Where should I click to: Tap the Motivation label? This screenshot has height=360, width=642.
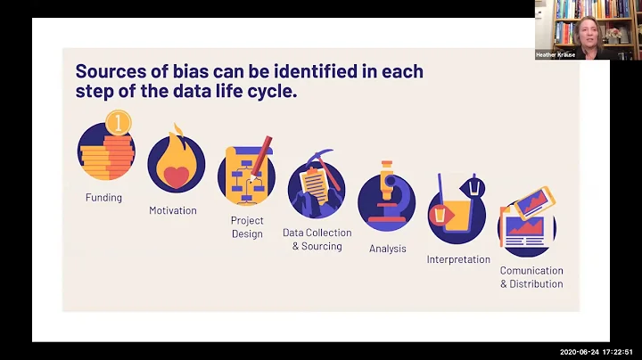pyautogui.click(x=173, y=210)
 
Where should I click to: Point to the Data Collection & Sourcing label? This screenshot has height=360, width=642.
pyautogui.click(x=317, y=239)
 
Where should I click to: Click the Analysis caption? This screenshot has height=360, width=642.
pyautogui.click(x=388, y=249)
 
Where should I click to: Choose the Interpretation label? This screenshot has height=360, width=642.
pyautogui.click(x=458, y=259)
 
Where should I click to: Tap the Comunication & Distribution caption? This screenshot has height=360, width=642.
pyautogui.click(x=531, y=276)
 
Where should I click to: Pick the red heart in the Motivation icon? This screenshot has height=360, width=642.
pyautogui.click(x=176, y=176)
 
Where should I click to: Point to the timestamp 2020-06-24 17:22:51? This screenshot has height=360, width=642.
pyautogui.click(x=598, y=352)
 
